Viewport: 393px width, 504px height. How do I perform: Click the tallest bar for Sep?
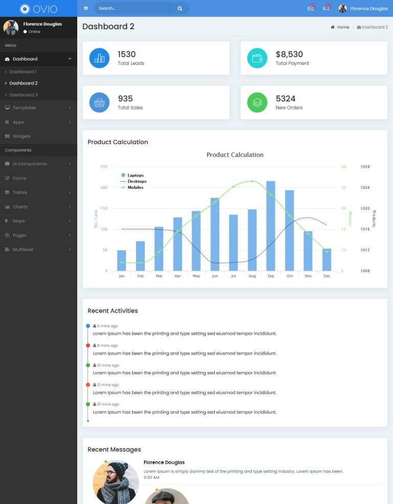(271, 226)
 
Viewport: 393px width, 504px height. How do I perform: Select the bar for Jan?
(121, 260)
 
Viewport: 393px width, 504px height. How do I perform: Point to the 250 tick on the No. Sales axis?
(104, 167)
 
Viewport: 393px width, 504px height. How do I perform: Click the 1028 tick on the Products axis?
(365, 167)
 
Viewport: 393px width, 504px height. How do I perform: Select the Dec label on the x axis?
(326, 276)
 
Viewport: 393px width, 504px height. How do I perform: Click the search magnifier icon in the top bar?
(180, 9)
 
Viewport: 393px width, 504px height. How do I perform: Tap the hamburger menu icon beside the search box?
(86, 9)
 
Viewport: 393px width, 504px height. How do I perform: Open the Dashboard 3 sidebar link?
(24, 95)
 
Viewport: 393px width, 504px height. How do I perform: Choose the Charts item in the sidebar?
(20, 207)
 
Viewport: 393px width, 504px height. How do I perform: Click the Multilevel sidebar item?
(23, 249)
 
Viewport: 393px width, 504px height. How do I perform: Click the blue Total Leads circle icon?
(99, 58)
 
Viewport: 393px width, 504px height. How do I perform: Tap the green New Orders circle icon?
(257, 102)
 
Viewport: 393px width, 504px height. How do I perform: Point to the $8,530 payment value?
(289, 54)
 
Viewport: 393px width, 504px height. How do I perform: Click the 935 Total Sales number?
(125, 99)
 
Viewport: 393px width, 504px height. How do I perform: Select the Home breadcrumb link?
(343, 27)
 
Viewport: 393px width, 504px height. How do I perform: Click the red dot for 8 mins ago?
(88, 345)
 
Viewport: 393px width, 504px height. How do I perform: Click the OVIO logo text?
(45, 9)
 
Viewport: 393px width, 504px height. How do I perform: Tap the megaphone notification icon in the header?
(326, 8)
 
